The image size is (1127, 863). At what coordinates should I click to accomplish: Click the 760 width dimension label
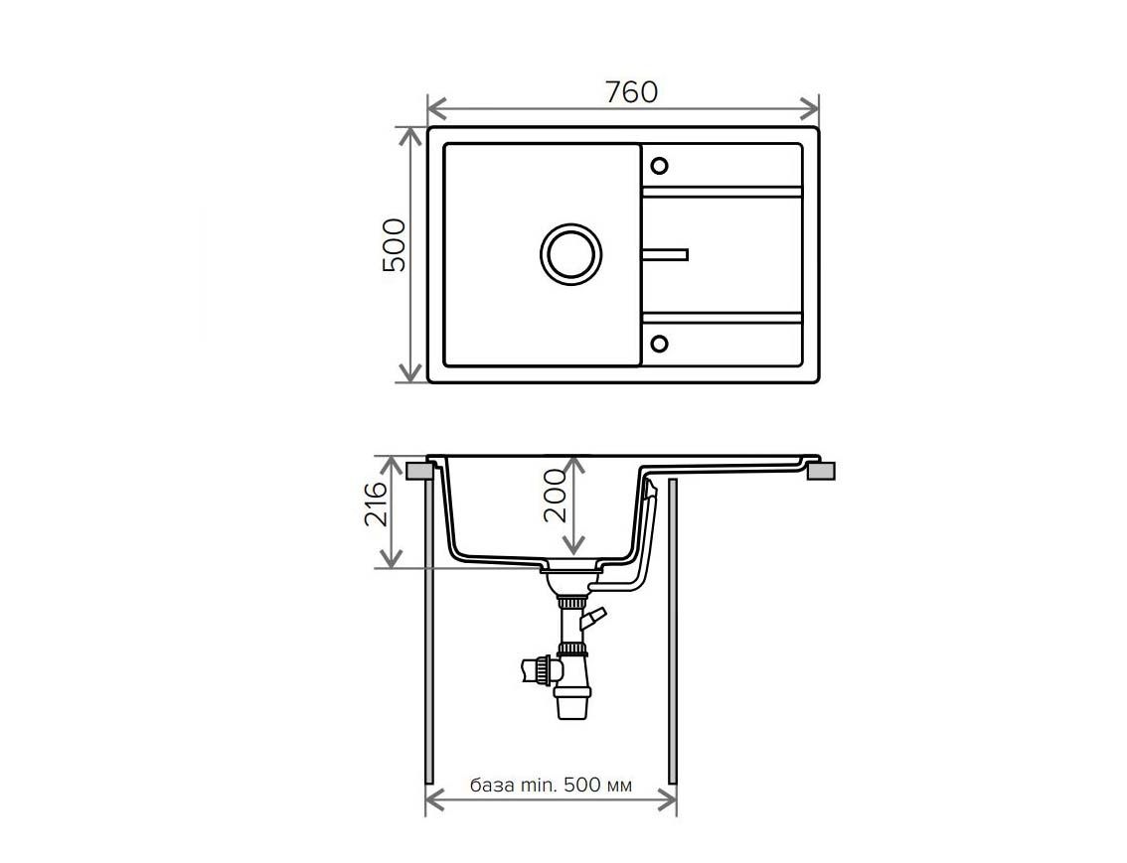[631, 92]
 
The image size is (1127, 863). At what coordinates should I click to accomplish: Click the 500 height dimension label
[394, 245]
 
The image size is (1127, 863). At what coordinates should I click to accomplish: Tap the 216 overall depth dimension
[376, 504]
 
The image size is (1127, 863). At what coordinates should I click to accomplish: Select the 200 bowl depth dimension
[555, 496]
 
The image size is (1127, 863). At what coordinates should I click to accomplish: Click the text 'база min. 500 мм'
[552, 785]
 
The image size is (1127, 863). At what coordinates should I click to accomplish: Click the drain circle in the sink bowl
[571, 254]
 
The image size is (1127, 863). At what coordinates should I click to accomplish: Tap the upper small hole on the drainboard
[659, 166]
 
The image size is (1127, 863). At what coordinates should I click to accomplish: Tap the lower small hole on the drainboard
[659, 344]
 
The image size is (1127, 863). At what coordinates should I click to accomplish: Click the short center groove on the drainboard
[666, 254]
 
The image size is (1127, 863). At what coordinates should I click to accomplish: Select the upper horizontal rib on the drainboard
[722, 192]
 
